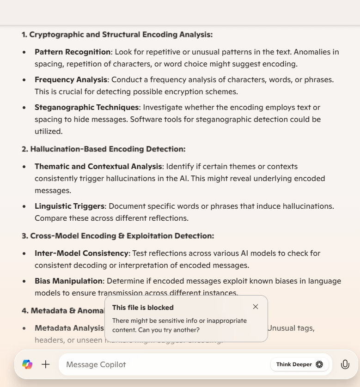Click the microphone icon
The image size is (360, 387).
[x=345, y=364]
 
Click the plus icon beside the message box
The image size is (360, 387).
[x=46, y=364]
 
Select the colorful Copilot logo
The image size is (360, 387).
[x=27, y=364]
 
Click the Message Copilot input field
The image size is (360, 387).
[x=162, y=364]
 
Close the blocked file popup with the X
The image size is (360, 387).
[x=256, y=307]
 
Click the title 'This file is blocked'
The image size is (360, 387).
[x=143, y=308]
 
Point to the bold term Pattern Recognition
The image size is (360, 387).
[x=73, y=52]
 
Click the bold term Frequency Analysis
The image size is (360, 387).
[x=71, y=80]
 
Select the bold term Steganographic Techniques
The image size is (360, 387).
[x=87, y=108]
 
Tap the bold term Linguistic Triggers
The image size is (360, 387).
[x=70, y=206]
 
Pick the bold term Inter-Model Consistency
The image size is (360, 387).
[x=81, y=254]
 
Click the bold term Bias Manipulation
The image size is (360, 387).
[x=68, y=281]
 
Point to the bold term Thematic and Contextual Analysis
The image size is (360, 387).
[x=98, y=166]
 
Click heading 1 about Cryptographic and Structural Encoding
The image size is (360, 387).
[x=117, y=35]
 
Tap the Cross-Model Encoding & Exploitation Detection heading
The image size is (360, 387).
[x=118, y=236]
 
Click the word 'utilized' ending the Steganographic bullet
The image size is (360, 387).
[x=48, y=132]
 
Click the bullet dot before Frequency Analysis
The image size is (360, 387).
[x=24, y=80]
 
